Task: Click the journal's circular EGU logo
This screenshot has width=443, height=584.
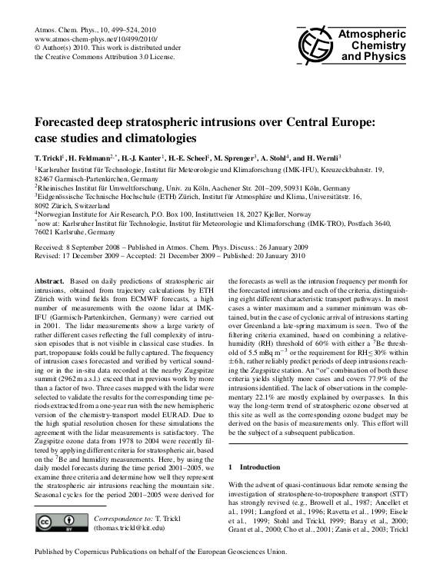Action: (308, 47)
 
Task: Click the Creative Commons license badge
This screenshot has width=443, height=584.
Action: (62, 523)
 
